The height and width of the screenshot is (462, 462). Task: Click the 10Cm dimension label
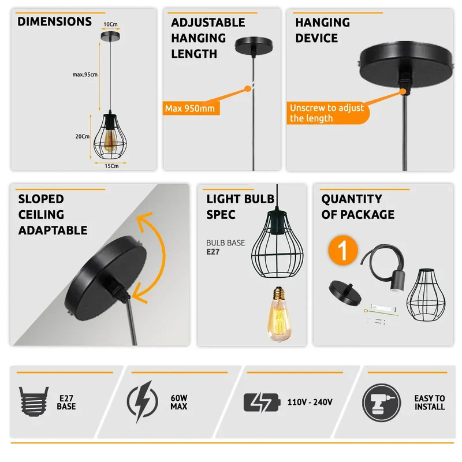pos(110,24)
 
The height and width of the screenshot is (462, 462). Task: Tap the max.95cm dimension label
pos(85,74)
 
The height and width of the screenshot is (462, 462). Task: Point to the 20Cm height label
pos(82,136)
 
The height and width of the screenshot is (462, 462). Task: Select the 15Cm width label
pos(111,166)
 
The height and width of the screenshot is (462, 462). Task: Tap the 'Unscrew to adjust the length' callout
pos(327,113)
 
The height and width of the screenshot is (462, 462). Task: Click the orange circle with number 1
pos(343,250)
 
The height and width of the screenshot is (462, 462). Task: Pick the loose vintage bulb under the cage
pos(279,314)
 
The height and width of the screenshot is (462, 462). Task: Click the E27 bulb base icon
pos(34,401)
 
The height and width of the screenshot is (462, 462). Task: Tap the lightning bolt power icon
pos(143,401)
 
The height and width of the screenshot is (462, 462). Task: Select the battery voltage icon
pos(262,403)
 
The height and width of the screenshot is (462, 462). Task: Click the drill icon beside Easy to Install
pos(381,403)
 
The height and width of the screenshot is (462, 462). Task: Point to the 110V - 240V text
pos(310,402)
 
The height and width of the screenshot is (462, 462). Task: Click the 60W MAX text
pos(179,402)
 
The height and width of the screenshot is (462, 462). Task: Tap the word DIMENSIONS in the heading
pos(54,22)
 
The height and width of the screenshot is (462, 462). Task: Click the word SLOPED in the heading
pos(41,199)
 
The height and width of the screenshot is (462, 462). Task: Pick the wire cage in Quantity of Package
pos(426,295)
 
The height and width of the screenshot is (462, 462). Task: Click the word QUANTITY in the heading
pos(352,199)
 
